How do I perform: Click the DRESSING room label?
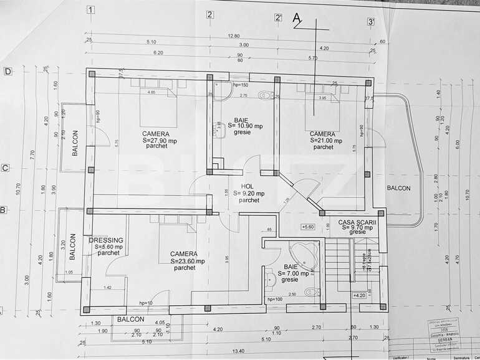coord(106,240)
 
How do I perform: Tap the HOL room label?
coord(249,186)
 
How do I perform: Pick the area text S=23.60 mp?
coord(184,261)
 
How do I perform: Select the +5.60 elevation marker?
coord(307,227)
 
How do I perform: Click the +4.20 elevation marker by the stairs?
coord(359,296)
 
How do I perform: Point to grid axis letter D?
coord(7,71)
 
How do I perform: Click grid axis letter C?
coord(5,168)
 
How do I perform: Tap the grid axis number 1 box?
coord(91,9)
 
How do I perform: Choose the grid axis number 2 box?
coord(210,14)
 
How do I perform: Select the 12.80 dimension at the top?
coord(234,36)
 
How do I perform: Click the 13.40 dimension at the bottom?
coord(238,350)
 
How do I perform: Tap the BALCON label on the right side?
coord(398,187)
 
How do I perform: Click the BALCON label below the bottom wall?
coord(131,319)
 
